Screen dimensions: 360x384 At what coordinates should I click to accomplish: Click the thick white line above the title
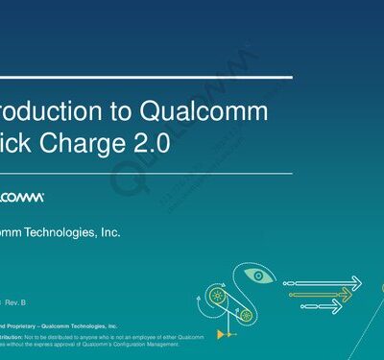click(x=144, y=75)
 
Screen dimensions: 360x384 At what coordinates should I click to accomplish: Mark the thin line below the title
click(x=144, y=174)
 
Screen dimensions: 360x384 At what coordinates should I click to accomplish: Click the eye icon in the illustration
click(x=260, y=275)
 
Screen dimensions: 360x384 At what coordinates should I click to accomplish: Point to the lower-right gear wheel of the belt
click(x=246, y=313)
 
